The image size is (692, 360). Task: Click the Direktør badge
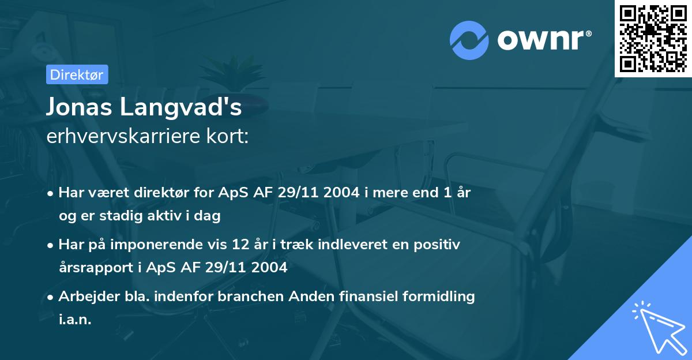coord(77,74)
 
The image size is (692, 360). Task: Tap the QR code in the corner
coord(653,38)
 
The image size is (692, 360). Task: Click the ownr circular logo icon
coord(469,40)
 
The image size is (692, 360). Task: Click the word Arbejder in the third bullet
coord(84,297)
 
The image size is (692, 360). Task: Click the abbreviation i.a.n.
coord(75,319)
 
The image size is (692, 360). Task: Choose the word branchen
coord(237,297)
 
